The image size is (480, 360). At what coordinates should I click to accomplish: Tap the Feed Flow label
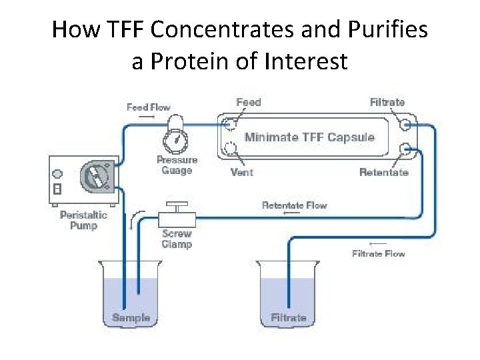[x=149, y=107]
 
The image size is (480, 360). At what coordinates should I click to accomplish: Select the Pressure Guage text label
[x=177, y=165]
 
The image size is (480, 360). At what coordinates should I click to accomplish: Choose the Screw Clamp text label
[x=177, y=239]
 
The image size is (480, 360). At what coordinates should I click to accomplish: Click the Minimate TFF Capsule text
[x=309, y=137]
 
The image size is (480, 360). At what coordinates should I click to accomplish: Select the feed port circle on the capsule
[x=231, y=124]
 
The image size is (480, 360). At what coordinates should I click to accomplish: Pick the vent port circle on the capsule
[x=231, y=147]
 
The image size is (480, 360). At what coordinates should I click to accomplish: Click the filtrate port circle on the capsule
[x=404, y=125]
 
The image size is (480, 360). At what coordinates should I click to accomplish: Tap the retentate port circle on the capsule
[x=404, y=148]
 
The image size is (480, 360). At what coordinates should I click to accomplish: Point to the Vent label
[x=241, y=172]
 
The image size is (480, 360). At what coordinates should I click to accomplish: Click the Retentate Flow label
[x=295, y=205]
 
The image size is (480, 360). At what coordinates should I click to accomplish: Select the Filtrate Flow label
[x=378, y=253]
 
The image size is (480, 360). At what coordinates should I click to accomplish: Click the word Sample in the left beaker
[x=131, y=317]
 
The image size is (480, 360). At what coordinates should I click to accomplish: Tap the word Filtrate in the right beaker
[x=289, y=317]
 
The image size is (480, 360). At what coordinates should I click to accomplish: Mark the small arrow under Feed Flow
[x=147, y=117]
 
